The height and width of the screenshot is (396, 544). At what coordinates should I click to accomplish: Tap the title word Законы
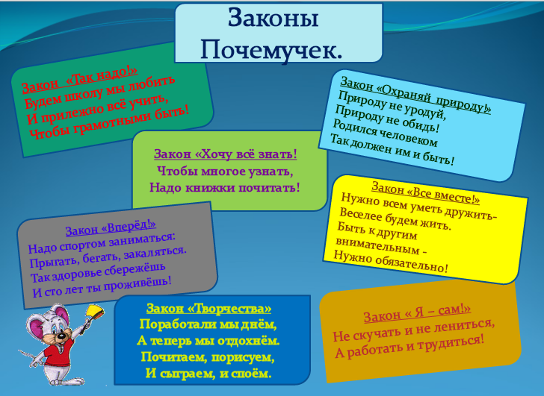[x=273, y=19]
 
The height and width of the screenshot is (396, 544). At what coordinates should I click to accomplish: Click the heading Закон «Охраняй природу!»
[x=415, y=95]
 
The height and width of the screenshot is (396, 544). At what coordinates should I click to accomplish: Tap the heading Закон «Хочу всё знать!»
[x=226, y=154]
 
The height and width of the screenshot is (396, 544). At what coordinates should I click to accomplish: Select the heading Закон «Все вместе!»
[x=426, y=193]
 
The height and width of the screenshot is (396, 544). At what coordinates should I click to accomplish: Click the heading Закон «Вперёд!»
[x=111, y=227]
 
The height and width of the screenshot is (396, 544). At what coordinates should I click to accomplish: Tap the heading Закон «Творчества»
[x=209, y=308]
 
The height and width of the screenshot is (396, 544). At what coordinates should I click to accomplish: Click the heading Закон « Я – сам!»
[x=418, y=313]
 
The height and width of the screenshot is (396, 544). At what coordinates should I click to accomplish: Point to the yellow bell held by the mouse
[x=95, y=312]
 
